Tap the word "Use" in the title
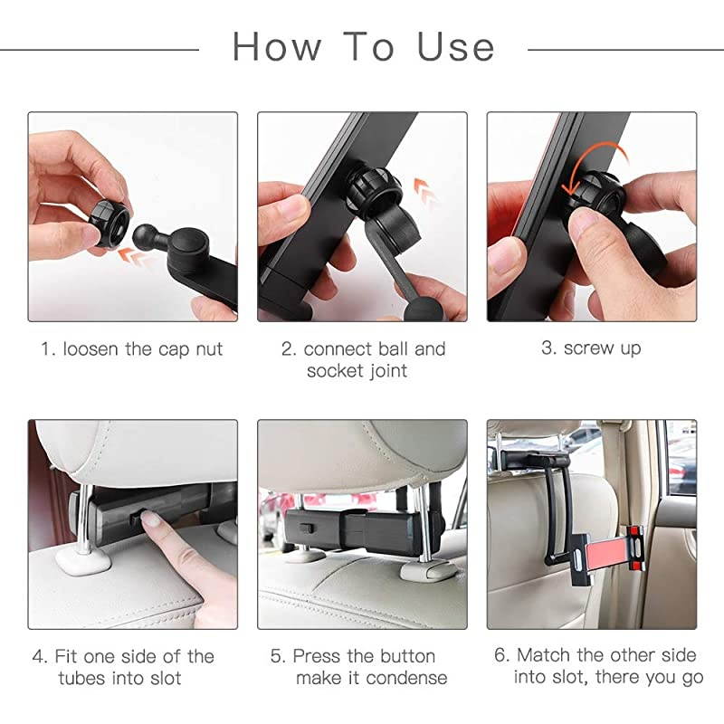coord(455,46)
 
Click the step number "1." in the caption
coord(49,349)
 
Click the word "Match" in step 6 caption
coord(547,655)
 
